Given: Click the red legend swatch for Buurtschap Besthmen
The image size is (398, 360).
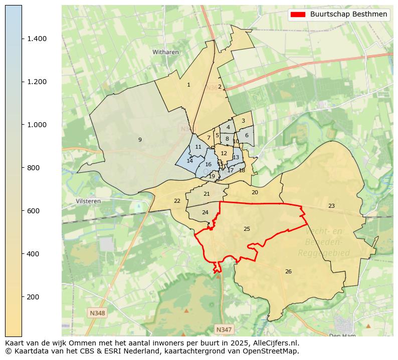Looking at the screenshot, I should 298,15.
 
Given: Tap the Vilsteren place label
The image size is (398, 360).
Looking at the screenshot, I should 88,201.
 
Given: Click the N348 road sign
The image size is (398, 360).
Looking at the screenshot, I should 98,313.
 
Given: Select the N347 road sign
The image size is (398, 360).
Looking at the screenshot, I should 224,329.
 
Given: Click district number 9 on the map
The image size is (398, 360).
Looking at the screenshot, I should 140,140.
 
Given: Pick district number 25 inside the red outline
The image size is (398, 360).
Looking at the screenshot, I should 247,229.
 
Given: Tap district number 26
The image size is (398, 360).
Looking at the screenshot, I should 288,271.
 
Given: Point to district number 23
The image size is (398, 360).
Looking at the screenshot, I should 331,206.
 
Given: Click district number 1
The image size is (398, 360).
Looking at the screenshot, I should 188,85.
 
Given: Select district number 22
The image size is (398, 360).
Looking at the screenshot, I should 177,201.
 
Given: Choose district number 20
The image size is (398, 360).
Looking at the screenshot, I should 255,192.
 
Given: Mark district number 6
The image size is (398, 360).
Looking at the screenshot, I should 247,135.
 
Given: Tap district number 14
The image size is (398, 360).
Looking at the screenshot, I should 189,161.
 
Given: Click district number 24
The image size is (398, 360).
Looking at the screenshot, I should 205,212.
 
